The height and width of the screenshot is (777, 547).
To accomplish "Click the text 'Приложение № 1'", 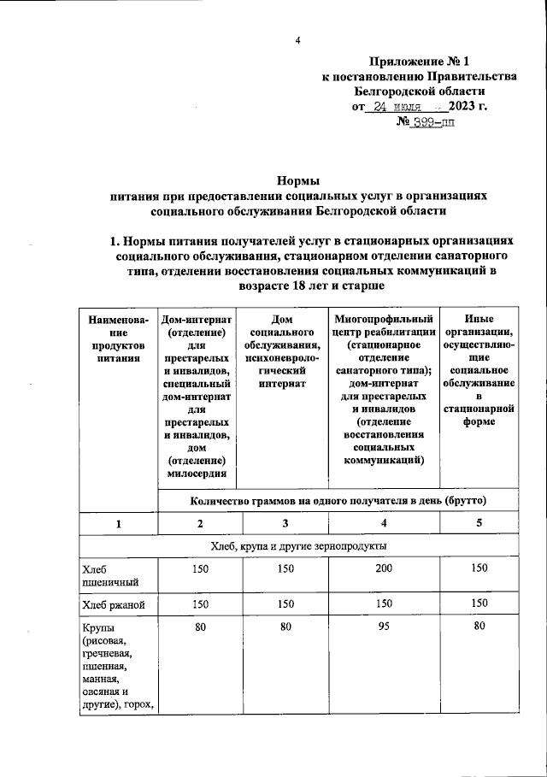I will pos(419,61).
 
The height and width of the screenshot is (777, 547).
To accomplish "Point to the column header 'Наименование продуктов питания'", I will pos(118,339).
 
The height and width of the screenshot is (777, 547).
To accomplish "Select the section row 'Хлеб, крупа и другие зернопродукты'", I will pos(297,545).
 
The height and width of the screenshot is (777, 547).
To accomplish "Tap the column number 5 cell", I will pos(478,523).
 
